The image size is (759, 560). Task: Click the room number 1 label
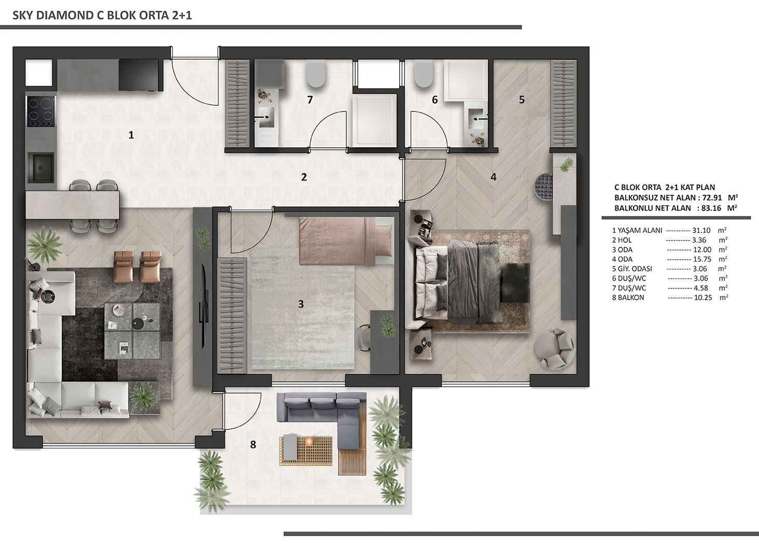131,135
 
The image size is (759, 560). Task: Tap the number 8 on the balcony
253,444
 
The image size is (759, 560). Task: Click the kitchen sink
41,167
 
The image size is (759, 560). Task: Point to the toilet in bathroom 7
316,74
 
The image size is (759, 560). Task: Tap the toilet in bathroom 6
424,74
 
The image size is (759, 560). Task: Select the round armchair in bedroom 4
555,348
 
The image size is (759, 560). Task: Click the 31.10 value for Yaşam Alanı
701,230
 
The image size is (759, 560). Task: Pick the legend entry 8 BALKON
627,298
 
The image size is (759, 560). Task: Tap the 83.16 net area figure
711,208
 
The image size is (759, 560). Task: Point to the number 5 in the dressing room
522,100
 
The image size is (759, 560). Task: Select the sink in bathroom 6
478,119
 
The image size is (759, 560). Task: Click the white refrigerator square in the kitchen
39,73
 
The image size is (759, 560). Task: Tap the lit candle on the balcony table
308,441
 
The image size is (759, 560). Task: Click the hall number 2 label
304,177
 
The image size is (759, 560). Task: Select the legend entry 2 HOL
622,240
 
